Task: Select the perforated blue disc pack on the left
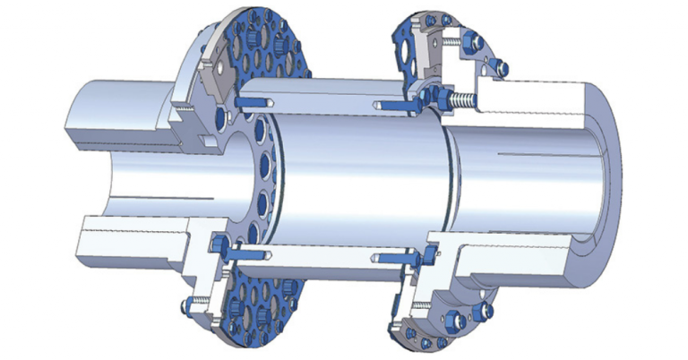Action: pos(269,54)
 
